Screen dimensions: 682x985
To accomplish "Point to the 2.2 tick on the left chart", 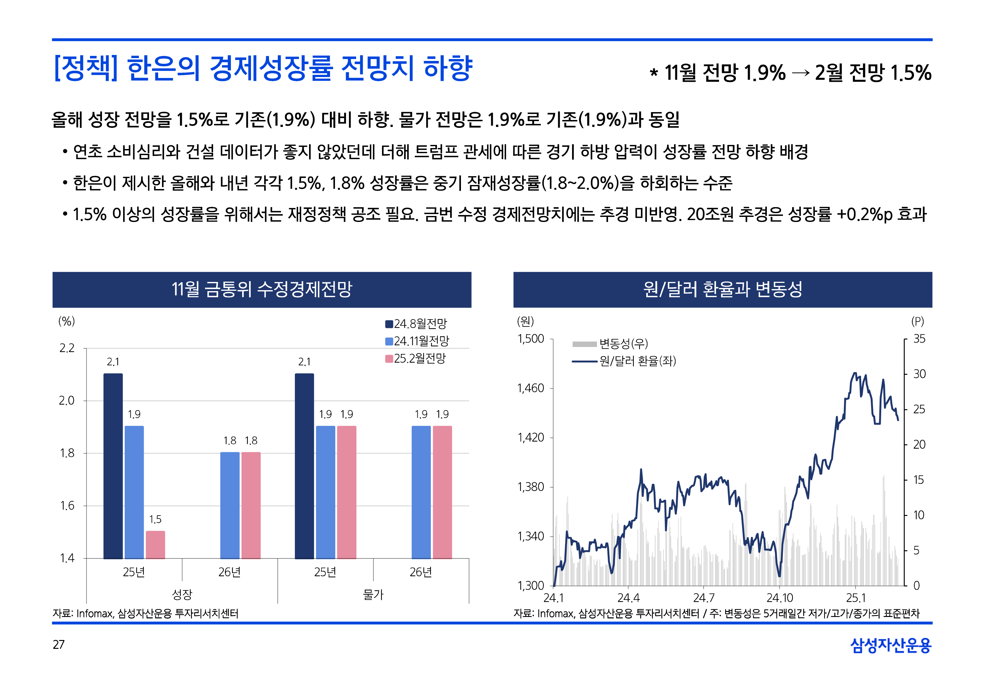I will pyautogui.click(x=67, y=348).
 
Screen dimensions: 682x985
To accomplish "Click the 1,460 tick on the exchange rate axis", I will pyautogui.click(x=530, y=388).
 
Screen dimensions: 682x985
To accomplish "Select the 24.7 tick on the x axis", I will pyautogui.click(x=703, y=598).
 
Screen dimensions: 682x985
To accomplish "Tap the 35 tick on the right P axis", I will pyautogui.click(x=919, y=339).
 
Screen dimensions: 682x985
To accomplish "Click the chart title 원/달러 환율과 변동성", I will pyautogui.click(x=722, y=289).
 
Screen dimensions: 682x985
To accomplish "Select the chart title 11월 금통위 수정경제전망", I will pyautogui.click(x=261, y=289).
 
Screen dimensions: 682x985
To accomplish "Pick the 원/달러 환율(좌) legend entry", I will pyautogui.click(x=624, y=361).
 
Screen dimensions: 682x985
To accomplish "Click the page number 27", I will pyautogui.click(x=58, y=644).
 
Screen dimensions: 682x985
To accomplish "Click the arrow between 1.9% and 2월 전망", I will pyautogui.click(x=800, y=73).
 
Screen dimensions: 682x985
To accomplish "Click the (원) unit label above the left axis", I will pyautogui.click(x=525, y=321).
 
